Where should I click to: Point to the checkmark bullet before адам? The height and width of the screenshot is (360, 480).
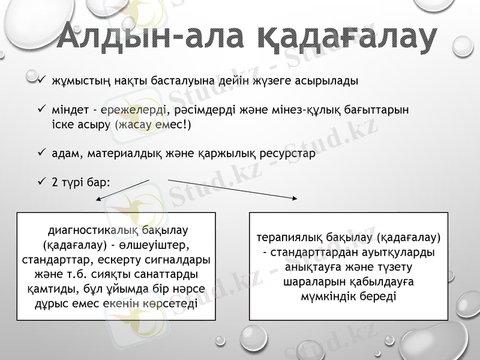click(x=41, y=153)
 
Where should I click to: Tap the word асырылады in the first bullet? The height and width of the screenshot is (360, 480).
click(x=329, y=80)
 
